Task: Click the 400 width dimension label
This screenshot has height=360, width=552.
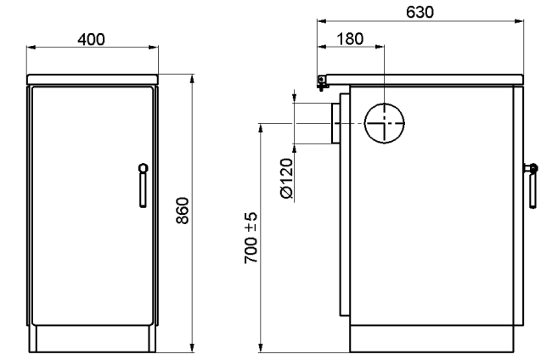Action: pos(91,39)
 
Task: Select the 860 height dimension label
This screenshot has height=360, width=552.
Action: pos(183,211)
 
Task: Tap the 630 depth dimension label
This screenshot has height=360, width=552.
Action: pos(420,13)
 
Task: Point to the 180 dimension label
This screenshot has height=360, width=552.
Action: pos(350,39)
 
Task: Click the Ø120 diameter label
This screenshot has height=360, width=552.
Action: pos(286,178)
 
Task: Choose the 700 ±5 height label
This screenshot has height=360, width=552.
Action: pos(251,238)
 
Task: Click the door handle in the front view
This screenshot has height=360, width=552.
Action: pos(143,185)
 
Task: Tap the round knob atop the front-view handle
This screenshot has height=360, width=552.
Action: pos(144,168)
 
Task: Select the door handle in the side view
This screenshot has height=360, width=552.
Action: pos(531,185)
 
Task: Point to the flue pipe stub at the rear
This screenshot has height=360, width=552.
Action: pos(335,123)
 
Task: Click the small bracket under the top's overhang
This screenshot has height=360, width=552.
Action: pos(322,83)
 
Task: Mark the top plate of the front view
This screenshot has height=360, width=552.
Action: pos(93,79)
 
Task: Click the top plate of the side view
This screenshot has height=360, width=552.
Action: pos(424,79)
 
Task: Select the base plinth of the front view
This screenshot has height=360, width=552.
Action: pos(93,339)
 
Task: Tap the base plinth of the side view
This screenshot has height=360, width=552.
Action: pos(431,339)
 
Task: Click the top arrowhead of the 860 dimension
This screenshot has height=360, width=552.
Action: pos(192,79)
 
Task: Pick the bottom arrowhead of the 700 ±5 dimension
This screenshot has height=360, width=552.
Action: pos(261,347)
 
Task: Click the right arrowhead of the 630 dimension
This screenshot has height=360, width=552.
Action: pos(519,21)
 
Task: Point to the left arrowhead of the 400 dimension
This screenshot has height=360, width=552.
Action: pos(31,48)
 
